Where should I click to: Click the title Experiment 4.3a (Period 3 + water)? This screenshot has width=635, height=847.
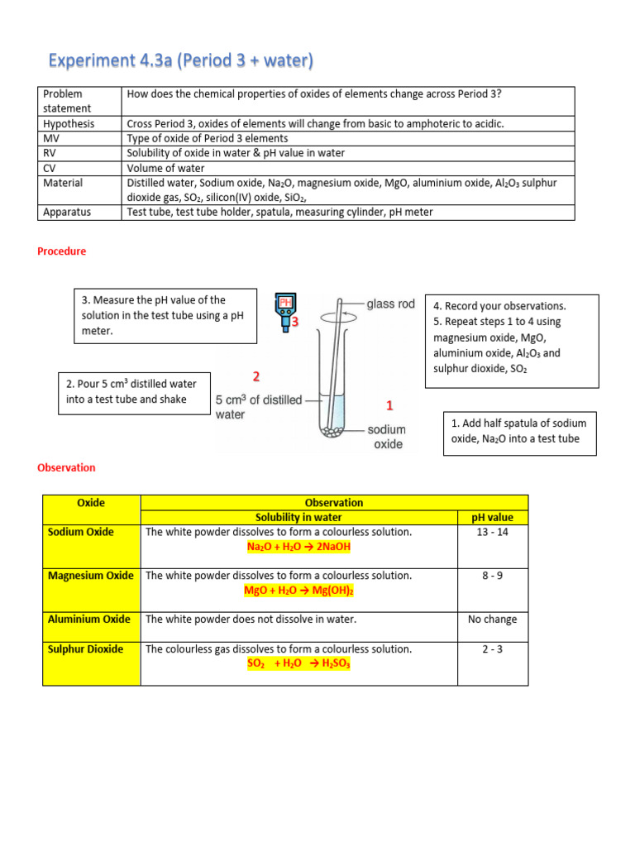(181, 61)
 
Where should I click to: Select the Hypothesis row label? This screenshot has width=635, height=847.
(69, 123)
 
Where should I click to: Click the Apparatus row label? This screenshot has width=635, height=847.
(67, 212)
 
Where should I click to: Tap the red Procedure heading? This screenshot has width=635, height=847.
(62, 251)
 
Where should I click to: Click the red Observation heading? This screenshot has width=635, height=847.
(66, 467)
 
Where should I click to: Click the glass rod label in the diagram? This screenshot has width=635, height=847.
(390, 304)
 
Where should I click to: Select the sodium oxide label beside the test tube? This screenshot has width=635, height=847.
(387, 437)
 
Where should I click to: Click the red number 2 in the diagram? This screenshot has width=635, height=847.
(256, 377)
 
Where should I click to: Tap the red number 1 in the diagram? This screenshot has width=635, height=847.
(389, 405)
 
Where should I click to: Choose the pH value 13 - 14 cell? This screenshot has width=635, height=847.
(492, 532)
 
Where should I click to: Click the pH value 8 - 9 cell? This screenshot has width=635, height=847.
(492, 576)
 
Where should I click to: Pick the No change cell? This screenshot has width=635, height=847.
(492, 620)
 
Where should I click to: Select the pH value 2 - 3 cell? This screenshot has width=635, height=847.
(492, 649)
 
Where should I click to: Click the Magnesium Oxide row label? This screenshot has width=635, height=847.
(91, 576)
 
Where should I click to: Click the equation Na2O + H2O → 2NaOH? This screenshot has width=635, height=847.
(298, 547)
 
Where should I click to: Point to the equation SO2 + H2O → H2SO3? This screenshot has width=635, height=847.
(298, 664)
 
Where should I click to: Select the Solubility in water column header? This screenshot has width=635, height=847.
(298, 518)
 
